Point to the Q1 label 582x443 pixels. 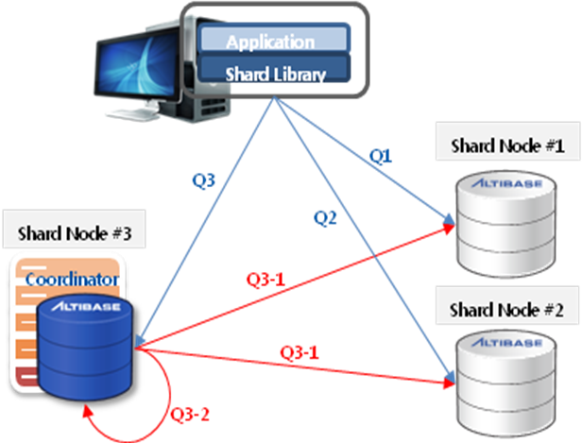point(381,158)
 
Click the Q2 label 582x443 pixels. point(326,218)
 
